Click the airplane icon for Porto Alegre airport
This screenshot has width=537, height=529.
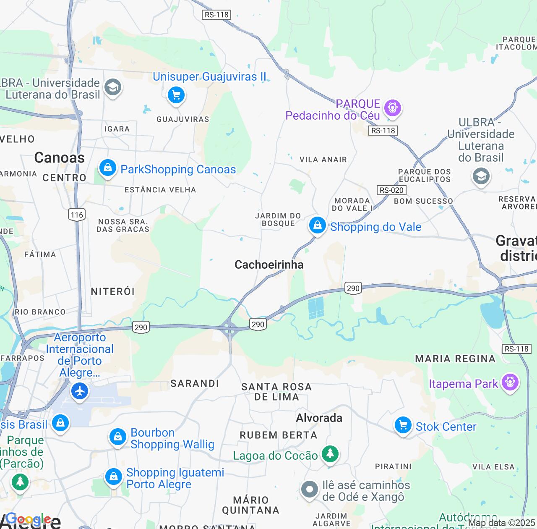click(x=79, y=392)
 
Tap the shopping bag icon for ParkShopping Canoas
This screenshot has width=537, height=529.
click(x=107, y=168)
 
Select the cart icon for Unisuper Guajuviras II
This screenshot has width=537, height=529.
click(x=176, y=95)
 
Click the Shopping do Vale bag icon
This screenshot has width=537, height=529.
click(x=318, y=226)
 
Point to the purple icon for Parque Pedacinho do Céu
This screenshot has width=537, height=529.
click(x=393, y=108)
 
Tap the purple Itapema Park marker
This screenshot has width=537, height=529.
click(x=510, y=382)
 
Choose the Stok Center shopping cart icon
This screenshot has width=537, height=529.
click(x=403, y=426)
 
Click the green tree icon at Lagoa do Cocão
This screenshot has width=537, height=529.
click(x=330, y=454)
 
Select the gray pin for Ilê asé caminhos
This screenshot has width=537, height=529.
click(x=310, y=490)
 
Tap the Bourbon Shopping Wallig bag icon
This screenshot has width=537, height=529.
click(x=117, y=437)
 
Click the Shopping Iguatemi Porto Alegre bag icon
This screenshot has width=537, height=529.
click(x=113, y=477)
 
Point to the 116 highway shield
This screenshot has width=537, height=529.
click(x=77, y=215)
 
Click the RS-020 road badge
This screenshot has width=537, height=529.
click(x=391, y=190)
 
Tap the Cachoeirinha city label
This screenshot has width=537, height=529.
click(x=269, y=264)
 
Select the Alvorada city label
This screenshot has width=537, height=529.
click(x=319, y=418)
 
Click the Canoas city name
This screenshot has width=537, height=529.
click(x=59, y=158)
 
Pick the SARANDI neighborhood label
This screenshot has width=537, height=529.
click(x=195, y=383)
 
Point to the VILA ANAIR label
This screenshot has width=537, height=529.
click(x=323, y=160)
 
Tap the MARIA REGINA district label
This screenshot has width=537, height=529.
click(x=455, y=359)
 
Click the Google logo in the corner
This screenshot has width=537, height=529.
click(x=29, y=519)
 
